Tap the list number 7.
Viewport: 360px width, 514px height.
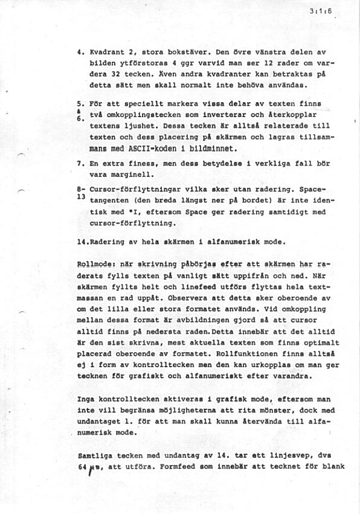[81, 164]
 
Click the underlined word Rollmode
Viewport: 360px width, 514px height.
[92, 264]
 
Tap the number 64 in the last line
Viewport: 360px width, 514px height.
[83, 466]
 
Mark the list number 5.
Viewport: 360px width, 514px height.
[81, 104]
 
